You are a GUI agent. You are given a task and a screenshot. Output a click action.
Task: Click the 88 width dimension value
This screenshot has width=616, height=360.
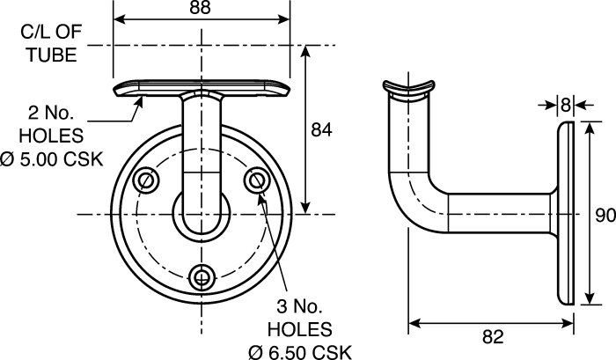click(201, 8)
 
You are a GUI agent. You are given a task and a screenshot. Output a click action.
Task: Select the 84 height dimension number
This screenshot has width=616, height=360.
click(321, 130)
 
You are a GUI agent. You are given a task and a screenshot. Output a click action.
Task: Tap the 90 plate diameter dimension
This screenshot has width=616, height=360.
click(605, 216)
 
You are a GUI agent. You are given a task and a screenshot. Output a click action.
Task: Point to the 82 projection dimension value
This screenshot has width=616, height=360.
click(492, 337)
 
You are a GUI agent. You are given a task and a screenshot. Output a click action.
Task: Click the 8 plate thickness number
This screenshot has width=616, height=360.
click(565, 105)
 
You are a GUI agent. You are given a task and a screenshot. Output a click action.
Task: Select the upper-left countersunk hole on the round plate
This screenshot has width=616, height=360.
click(147, 180)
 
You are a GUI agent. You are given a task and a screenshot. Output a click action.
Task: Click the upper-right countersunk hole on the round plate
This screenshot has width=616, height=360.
click(257, 180)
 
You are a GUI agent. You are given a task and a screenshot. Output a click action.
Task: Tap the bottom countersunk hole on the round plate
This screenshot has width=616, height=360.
click(202, 277)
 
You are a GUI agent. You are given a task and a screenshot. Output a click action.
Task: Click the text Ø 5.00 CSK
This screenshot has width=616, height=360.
click(51, 160)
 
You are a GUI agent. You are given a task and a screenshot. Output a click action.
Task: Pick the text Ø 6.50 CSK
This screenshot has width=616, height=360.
click(300, 352)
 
